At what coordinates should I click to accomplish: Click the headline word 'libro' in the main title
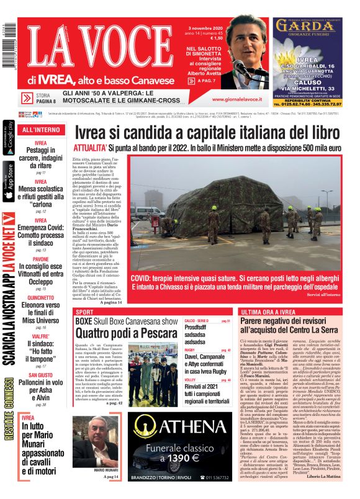click(x=322, y=133)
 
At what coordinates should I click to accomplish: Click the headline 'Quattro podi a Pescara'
click(x=119, y=332)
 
